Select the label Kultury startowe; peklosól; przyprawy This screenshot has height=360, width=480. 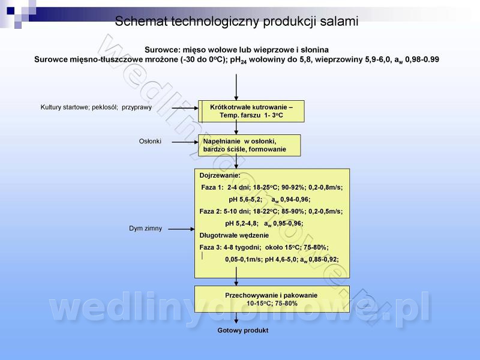coord(96,107)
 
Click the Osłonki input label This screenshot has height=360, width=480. coord(150,142)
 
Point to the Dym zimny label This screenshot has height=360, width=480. coord(145,229)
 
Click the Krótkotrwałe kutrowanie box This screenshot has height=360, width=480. coord(251,111)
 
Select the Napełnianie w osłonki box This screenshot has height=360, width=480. coord(249,145)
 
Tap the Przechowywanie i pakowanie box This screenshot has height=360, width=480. coord(272,299)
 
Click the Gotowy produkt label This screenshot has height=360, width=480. coord(243,331)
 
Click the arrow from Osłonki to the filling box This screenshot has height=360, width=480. coord(185,142)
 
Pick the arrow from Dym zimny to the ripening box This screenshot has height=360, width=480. coord(181,229)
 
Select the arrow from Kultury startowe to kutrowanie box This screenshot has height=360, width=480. coord(185,108)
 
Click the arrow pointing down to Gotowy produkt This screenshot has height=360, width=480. coord(236,318)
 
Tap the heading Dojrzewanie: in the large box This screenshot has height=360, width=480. coord(220,176)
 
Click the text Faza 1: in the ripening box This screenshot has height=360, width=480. coord(212,187)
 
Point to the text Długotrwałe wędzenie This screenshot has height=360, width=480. coord(234,235)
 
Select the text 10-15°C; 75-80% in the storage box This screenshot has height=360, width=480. coord(272,304)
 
